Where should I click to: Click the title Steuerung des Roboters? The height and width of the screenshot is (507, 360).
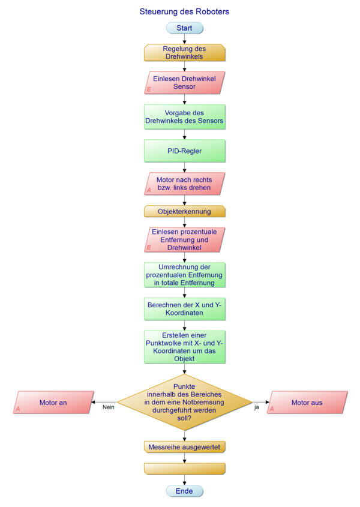pos(184,11)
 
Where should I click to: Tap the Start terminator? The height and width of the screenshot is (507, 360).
pos(184,28)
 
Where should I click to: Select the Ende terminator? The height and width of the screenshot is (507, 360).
pos(184,491)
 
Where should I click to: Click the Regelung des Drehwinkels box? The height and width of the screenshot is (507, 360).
pos(184,53)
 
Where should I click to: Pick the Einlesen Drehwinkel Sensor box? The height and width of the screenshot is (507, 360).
pos(184,83)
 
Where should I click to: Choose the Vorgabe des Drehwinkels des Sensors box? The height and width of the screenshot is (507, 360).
pos(184,117)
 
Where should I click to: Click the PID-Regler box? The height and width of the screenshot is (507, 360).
pos(184,151)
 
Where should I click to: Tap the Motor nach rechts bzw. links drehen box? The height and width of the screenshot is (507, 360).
pos(184,184)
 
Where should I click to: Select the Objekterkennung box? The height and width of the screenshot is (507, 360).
pos(184,211)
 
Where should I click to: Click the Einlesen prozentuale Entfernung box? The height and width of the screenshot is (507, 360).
pos(184,239)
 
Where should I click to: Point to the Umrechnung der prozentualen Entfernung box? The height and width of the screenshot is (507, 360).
pos(184,275)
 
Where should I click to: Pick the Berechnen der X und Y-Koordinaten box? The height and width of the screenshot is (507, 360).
pos(184,308)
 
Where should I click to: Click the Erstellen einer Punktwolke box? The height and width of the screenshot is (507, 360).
pos(184,347)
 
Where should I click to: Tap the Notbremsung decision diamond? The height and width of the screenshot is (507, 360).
pos(184,402)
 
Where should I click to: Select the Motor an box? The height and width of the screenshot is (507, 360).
pos(53,403)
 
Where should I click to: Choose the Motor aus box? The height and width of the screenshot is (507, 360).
pos(307,403)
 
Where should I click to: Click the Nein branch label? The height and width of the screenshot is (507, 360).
pos(109,407)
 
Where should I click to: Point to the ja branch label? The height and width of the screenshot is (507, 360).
pos(257,407)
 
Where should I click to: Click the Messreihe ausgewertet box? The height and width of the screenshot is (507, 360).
pos(184,447)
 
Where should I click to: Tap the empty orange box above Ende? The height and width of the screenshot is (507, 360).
pos(184,469)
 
